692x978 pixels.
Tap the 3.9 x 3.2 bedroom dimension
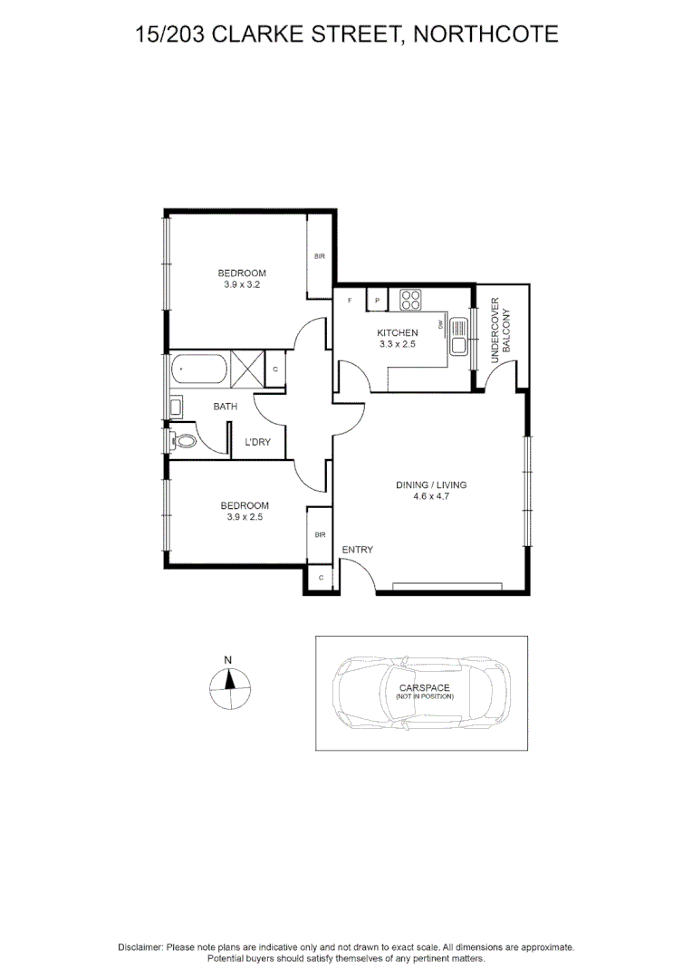(x=242, y=285)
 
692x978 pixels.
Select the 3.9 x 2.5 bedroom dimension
(x=244, y=518)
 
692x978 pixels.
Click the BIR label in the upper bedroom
(x=319, y=257)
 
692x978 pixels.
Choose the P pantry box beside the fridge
(x=377, y=300)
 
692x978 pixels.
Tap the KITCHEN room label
(x=398, y=333)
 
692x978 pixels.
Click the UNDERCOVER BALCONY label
(x=501, y=331)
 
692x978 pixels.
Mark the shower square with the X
(x=246, y=369)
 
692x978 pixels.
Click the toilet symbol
(x=183, y=442)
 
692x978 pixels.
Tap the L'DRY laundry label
(x=258, y=443)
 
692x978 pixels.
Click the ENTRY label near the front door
(x=357, y=550)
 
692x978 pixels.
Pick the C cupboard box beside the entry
(x=321, y=577)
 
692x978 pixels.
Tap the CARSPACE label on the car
(x=424, y=688)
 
